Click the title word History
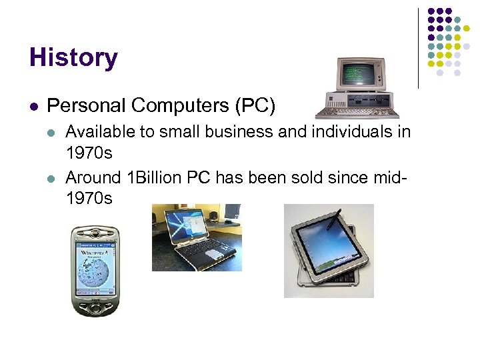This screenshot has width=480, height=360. coord(73,57)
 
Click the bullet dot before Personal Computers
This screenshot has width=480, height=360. coord(34,106)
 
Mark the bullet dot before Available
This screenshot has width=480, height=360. coord(53,132)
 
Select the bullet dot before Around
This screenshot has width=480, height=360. coord(53,179)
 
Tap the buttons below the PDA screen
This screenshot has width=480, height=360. coord(96,305)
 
